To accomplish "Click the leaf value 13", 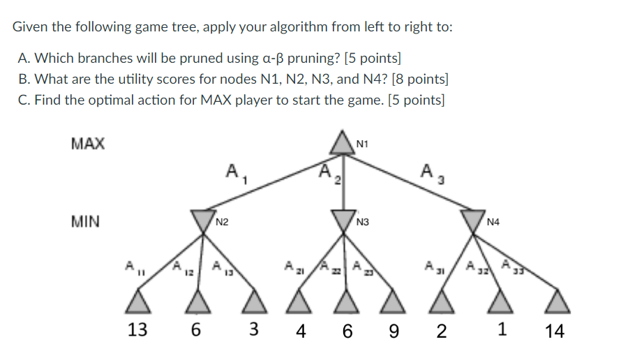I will [137, 330].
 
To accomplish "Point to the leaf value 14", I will [554, 331].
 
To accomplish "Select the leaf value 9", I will [394, 331].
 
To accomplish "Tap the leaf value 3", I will [256, 330].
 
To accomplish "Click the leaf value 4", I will [300, 331].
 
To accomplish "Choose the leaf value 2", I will [441, 331].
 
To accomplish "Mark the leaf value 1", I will [502, 330].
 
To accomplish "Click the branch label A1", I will [233, 171].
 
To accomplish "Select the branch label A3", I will [428, 171].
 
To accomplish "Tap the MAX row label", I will [88, 144].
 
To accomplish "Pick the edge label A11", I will [131, 267].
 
